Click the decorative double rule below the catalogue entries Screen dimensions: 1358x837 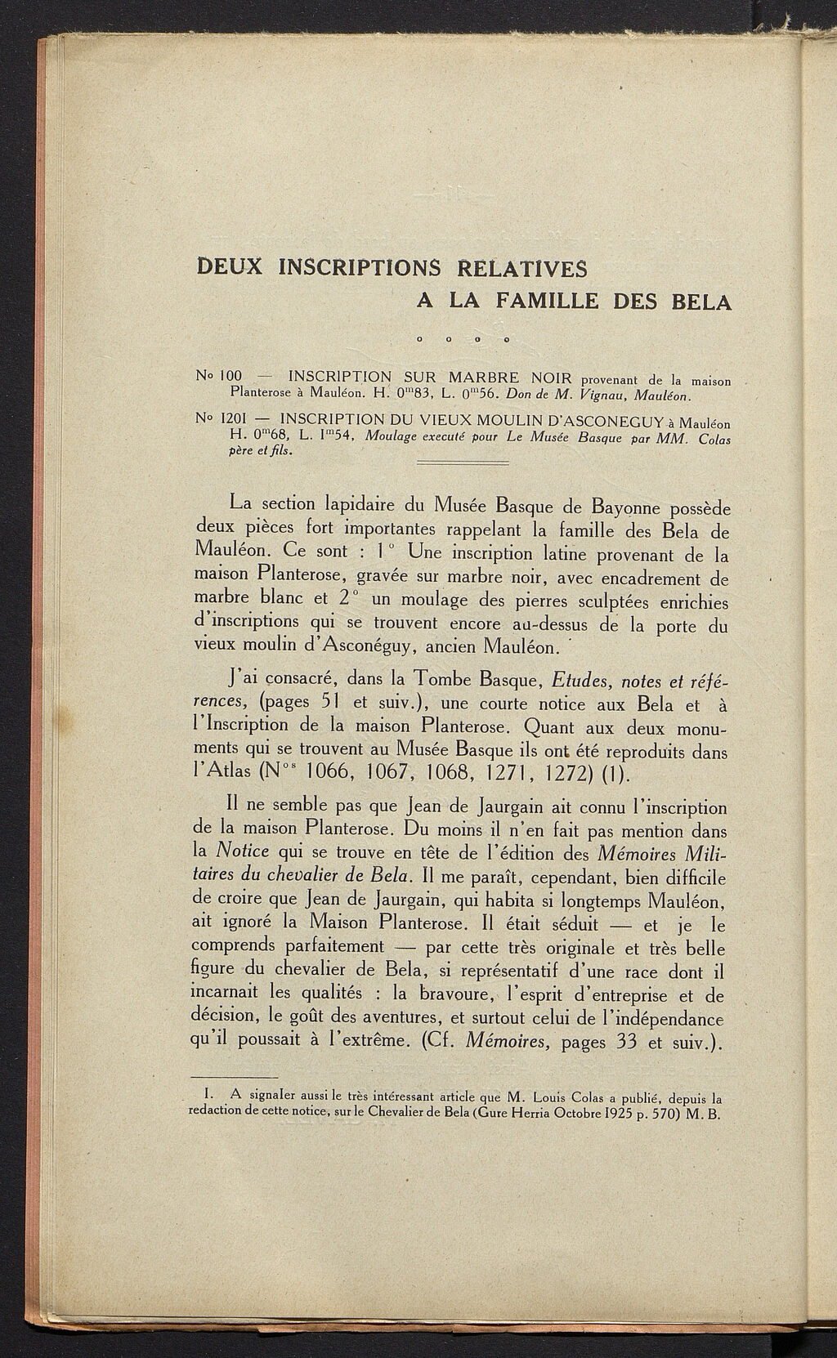click(463, 463)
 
